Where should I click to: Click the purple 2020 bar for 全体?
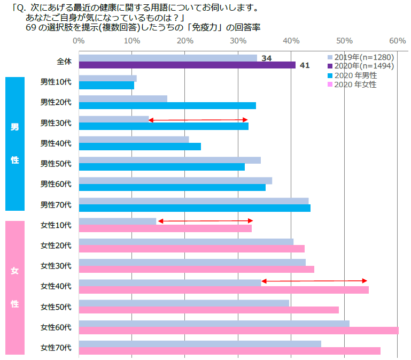[x=187, y=65]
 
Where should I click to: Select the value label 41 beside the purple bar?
[x=305, y=65]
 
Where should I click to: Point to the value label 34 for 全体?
[x=267, y=58]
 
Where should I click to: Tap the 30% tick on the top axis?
[x=238, y=41]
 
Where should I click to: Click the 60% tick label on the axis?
[x=397, y=41]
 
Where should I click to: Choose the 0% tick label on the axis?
[x=79, y=41]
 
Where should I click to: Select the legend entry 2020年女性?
[x=355, y=85]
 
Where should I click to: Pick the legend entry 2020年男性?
[x=355, y=75]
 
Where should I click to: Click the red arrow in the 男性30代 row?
[x=198, y=120]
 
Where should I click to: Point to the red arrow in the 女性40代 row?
[x=314, y=281]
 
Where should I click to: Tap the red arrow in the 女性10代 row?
[x=205, y=221]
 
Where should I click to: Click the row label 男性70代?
[x=56, y=204]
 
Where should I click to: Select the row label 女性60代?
[x=56, y=326]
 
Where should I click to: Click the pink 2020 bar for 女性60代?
[x=238, y=331]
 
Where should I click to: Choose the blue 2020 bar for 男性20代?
[x=167, y=105]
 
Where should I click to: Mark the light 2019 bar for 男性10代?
[x=107, y=78]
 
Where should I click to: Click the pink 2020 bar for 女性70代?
[x=229, y=351]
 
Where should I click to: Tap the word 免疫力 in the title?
[x=207, y=27]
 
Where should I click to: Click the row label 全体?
[x=64, y=62]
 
